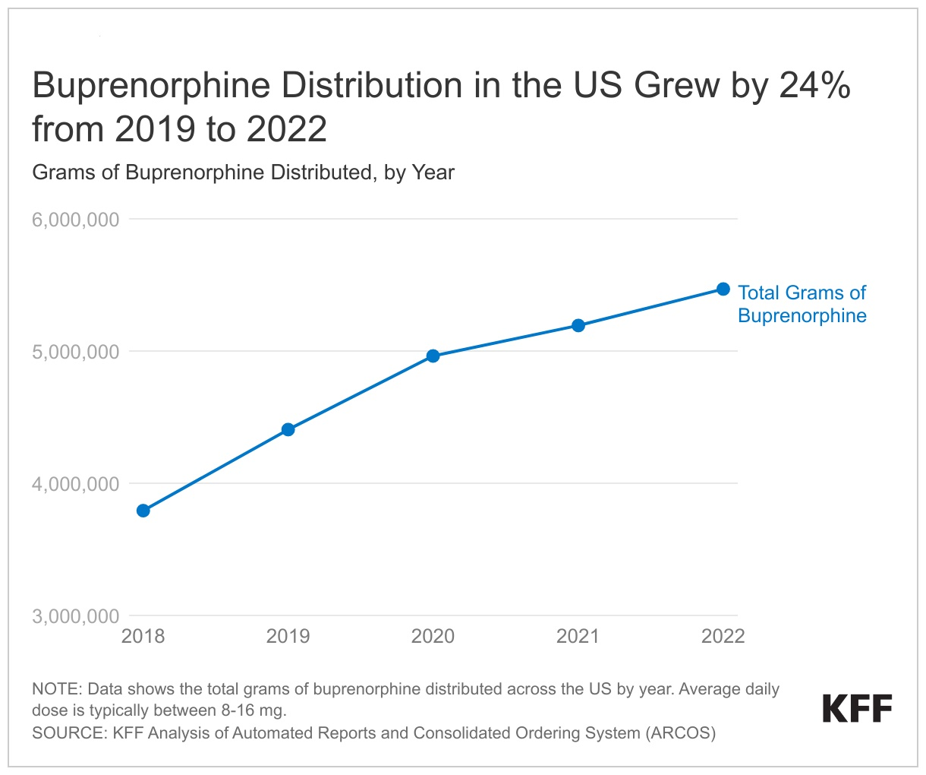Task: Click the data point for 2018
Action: (x=143, y=511)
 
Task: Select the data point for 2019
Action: (x=288, y=430)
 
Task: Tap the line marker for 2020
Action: (x=433, y=356)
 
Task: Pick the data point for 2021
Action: (x=578, y=326)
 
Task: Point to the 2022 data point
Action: (x=723, y=289)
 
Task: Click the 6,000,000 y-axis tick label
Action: (x=76, y=220)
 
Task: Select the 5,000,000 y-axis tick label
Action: (x=76, y=352)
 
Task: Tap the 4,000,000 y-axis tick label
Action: (x=76, y=484)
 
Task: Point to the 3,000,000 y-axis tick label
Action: (x=76, y=616)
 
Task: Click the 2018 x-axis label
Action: (x=143, y=636)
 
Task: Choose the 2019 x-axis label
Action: (x=288, y=636)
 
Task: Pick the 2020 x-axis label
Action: (x=433, y=636)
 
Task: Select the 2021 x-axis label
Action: (x=578, y=636)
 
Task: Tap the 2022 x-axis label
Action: (x=723, y=636)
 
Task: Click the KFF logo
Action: (x=857, y=709)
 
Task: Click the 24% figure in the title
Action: (x=814, y=86)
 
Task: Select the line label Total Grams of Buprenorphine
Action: (x=802, y=304)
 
